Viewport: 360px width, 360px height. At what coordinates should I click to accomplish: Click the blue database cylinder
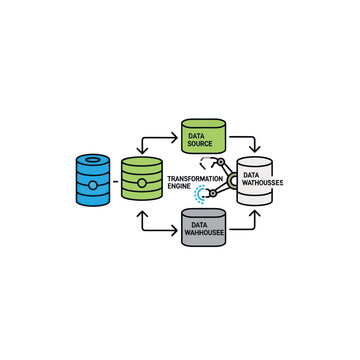tap(91, 180)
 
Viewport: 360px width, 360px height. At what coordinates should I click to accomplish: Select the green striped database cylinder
tap(142, 180)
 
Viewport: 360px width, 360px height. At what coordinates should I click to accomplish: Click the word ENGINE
tap(179, 187)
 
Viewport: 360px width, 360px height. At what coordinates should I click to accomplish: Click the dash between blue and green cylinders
tap(115, 181)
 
